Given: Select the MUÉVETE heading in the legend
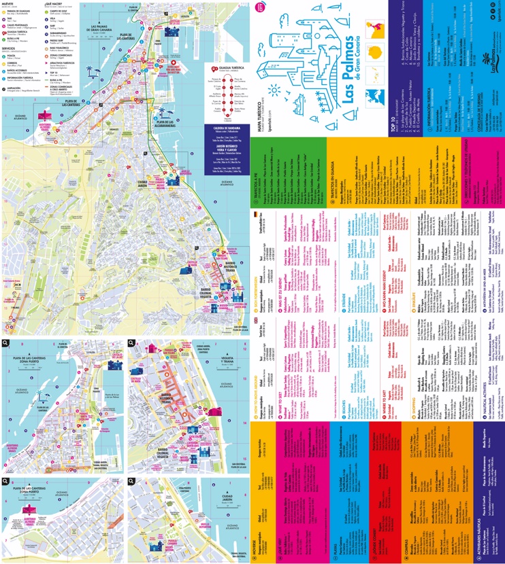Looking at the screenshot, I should [9, 3].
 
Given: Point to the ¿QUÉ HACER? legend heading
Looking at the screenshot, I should [54, 3].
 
